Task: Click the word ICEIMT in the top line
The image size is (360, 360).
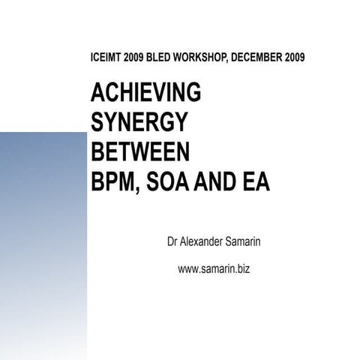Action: click(105, 57)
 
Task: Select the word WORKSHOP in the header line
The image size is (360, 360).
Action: click(201, 57)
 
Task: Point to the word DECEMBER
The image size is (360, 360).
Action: click(258, 57)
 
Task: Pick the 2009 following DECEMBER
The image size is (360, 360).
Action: click(294, 57)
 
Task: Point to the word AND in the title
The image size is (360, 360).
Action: click(217, 182)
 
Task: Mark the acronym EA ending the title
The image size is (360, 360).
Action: click(255, 182)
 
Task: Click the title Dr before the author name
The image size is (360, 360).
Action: click(172, 243)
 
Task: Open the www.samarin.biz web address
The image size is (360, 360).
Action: click(213, 268)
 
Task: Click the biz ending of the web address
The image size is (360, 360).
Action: click(241, 268)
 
